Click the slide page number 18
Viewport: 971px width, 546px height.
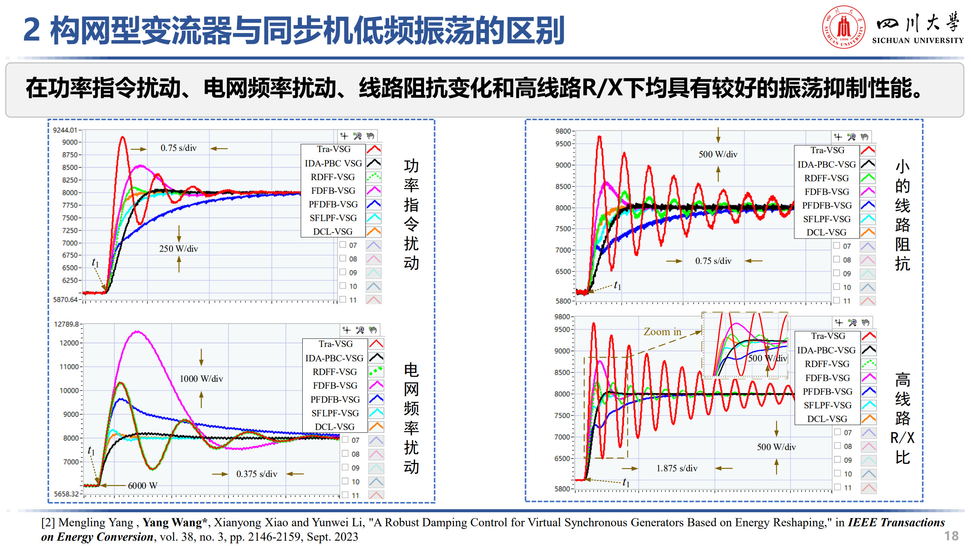coord(951,536)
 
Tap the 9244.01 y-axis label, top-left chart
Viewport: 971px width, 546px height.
coord(65,130)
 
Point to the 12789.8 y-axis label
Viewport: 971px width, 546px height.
coord(66,324)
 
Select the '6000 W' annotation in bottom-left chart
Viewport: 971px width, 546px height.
coord(143,486)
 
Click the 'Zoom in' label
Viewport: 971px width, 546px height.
coord(662,332)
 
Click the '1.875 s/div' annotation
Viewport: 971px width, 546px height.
coord(677,468)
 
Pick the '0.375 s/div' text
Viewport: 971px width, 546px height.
coord(257,474)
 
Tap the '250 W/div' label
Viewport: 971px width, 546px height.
coord(179,249)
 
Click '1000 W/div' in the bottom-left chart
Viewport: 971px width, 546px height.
coord(201,379)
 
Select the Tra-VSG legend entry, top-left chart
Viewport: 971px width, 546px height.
coord(334,149)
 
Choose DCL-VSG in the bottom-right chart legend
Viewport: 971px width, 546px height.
coord(827,419)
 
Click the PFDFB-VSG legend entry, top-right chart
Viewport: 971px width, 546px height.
coord(827,206)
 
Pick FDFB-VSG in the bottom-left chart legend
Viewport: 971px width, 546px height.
coord(335,386)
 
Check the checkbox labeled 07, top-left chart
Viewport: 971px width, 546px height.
coord(343,245)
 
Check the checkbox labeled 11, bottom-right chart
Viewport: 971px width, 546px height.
coord(837,487)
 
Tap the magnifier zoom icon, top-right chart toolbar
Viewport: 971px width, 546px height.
coord(851,137)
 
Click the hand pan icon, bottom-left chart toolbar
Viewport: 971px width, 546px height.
coord(373,330)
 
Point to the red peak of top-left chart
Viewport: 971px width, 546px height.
coord(122,137)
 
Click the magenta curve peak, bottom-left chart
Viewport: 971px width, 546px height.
coord(137,332)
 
